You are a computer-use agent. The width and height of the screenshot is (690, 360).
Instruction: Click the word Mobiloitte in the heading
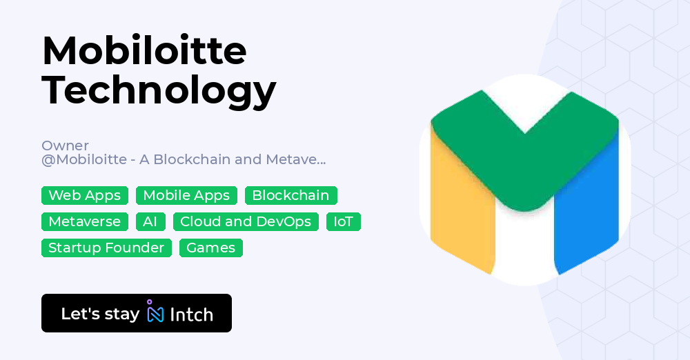(144, 51)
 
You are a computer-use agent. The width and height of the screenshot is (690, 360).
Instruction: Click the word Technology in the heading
(159, 90)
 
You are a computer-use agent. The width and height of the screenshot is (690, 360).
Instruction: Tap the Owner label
(65, 146)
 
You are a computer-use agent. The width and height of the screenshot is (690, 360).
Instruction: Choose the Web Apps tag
(85, 195)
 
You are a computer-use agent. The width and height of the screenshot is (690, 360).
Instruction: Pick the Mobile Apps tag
(186, 195)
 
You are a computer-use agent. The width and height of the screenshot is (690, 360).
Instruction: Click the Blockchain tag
(290, 195)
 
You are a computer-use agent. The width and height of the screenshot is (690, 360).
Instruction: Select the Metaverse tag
(85, 221)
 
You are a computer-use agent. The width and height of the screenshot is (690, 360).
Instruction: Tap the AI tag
(150, 221)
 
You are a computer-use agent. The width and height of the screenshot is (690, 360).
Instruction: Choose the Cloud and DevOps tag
(246, 221)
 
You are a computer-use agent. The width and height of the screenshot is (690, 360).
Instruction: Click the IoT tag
(343, 221)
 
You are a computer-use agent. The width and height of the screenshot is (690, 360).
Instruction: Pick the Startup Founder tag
(106, 248)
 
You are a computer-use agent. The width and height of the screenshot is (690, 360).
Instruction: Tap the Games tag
(210, 248)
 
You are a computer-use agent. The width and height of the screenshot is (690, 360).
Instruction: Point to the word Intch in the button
(191, 314)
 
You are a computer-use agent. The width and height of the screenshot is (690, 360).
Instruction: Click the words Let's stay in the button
(100, 314)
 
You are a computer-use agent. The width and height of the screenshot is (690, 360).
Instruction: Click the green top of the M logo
(524, 152)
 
